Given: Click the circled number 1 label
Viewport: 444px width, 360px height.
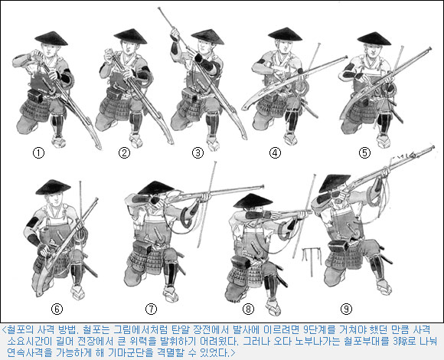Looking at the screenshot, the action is tap(39, 153).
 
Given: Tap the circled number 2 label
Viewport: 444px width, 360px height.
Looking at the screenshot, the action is tap(124, 153).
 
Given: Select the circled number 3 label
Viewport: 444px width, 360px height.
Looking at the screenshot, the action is tap(198, 153).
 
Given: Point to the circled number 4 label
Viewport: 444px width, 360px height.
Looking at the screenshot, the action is tap(275, 153).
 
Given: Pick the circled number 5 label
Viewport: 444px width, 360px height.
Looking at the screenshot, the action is tap(364, 153).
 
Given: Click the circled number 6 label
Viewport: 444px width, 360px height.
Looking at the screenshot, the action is tap(57, 309).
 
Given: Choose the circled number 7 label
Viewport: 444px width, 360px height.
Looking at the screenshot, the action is tap(151, 309).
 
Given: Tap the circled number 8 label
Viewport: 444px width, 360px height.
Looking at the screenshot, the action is tap(248, 309).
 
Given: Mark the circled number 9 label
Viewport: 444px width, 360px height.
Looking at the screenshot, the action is tap(346, 309).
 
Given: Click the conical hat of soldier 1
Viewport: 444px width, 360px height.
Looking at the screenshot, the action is tap(51, 39).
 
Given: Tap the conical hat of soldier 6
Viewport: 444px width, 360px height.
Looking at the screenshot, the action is tap(53, 188).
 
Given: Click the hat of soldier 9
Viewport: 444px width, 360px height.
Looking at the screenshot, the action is tap(335, 183).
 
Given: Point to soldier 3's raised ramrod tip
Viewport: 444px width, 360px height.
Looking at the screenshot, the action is tap(159, 8).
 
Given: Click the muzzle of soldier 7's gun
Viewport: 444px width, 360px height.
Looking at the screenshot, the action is tap(263, 187).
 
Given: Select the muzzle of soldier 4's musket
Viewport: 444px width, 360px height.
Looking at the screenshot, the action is tap(345, 57).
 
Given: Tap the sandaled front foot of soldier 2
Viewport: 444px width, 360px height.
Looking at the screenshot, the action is tap(136, 141).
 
